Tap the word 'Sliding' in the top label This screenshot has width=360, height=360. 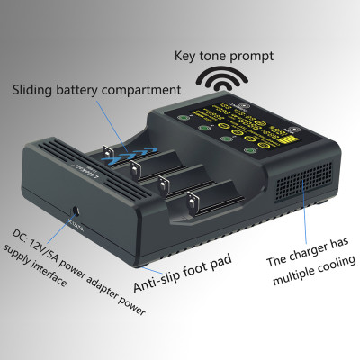coord(37,90)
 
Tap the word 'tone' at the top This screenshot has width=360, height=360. coord(218,56)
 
